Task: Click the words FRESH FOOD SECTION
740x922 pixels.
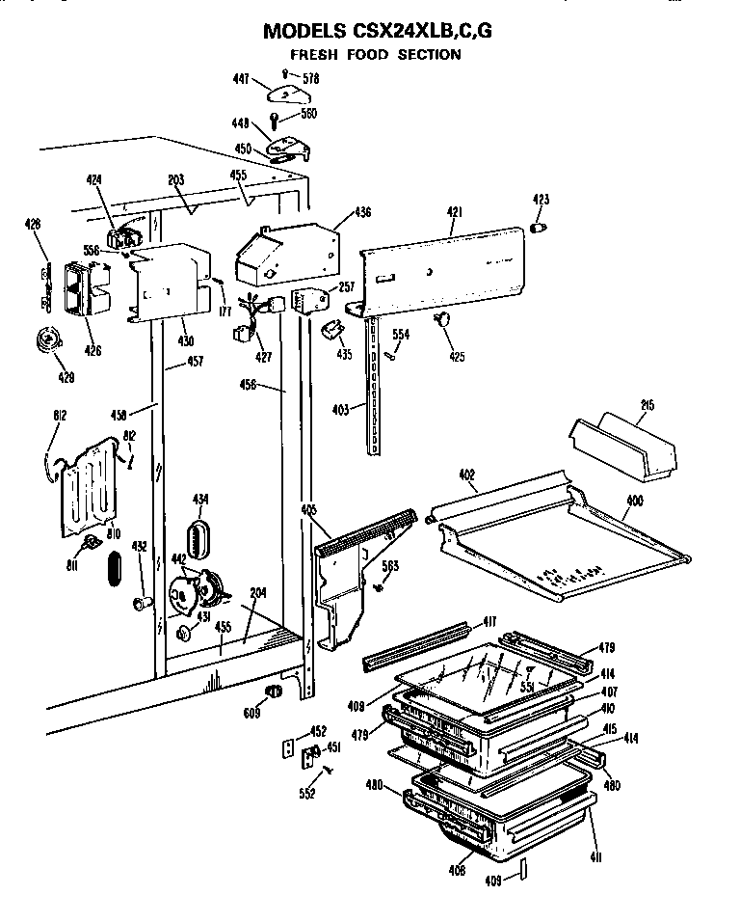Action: click(376, 55)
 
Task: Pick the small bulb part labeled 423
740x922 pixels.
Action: click(541, 227)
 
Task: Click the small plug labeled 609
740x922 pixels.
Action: click(273, 691)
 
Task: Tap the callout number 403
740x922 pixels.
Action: click(341, 409)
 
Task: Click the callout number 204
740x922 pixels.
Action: click(257, 594)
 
